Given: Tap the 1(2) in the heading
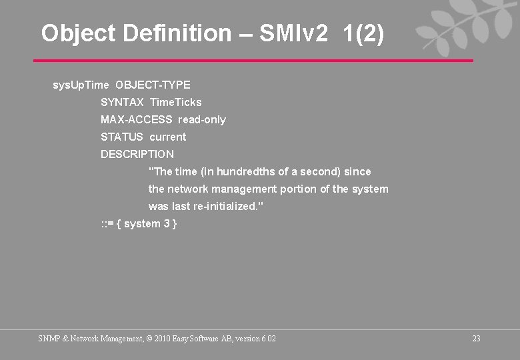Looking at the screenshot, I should (364, 33).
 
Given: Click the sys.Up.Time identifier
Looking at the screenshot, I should (81, 85).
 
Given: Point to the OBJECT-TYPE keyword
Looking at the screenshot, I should (153, 85).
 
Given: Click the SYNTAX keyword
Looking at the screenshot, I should (122, 103).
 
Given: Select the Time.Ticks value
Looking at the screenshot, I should (176, 103).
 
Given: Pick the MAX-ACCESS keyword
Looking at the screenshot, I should (136, 120).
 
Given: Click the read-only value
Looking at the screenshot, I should (202, 120).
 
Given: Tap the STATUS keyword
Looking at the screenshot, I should (122, 137).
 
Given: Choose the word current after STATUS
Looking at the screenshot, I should (168, 137).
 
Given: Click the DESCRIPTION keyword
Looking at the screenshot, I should (137, 155).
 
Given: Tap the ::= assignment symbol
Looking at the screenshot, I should (107, 224).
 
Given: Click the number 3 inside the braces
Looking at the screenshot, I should (166, 224).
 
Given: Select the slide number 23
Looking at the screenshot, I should (476, 339).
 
